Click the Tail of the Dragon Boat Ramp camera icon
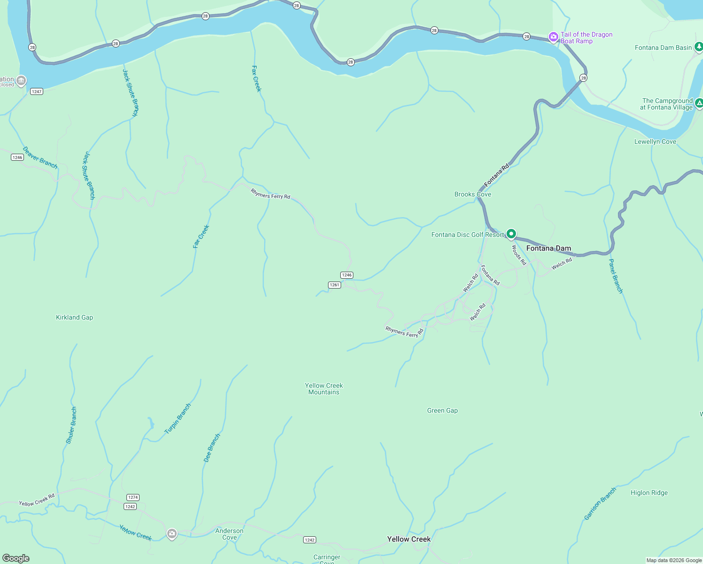pos(554,37)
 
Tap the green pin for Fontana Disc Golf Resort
pos(511,234)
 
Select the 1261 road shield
pos(334,285)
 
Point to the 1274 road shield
pos(133,497)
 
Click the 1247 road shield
pos(37,92)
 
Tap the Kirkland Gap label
pos(74,318)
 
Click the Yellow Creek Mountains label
pos(324,389)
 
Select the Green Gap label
pos(442,411)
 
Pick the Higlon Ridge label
pos(649,493)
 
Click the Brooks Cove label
pos(473,195)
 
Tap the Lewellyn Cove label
pos(655,142)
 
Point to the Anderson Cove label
pos(229,534)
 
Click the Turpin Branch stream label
pos(178,419)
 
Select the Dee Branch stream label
pos(212,448)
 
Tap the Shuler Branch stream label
pos(71,426)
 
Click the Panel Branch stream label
pos(616,276)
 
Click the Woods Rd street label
pos(519,255)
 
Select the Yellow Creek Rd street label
pos(37,500)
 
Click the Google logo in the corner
pos(16,558)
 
